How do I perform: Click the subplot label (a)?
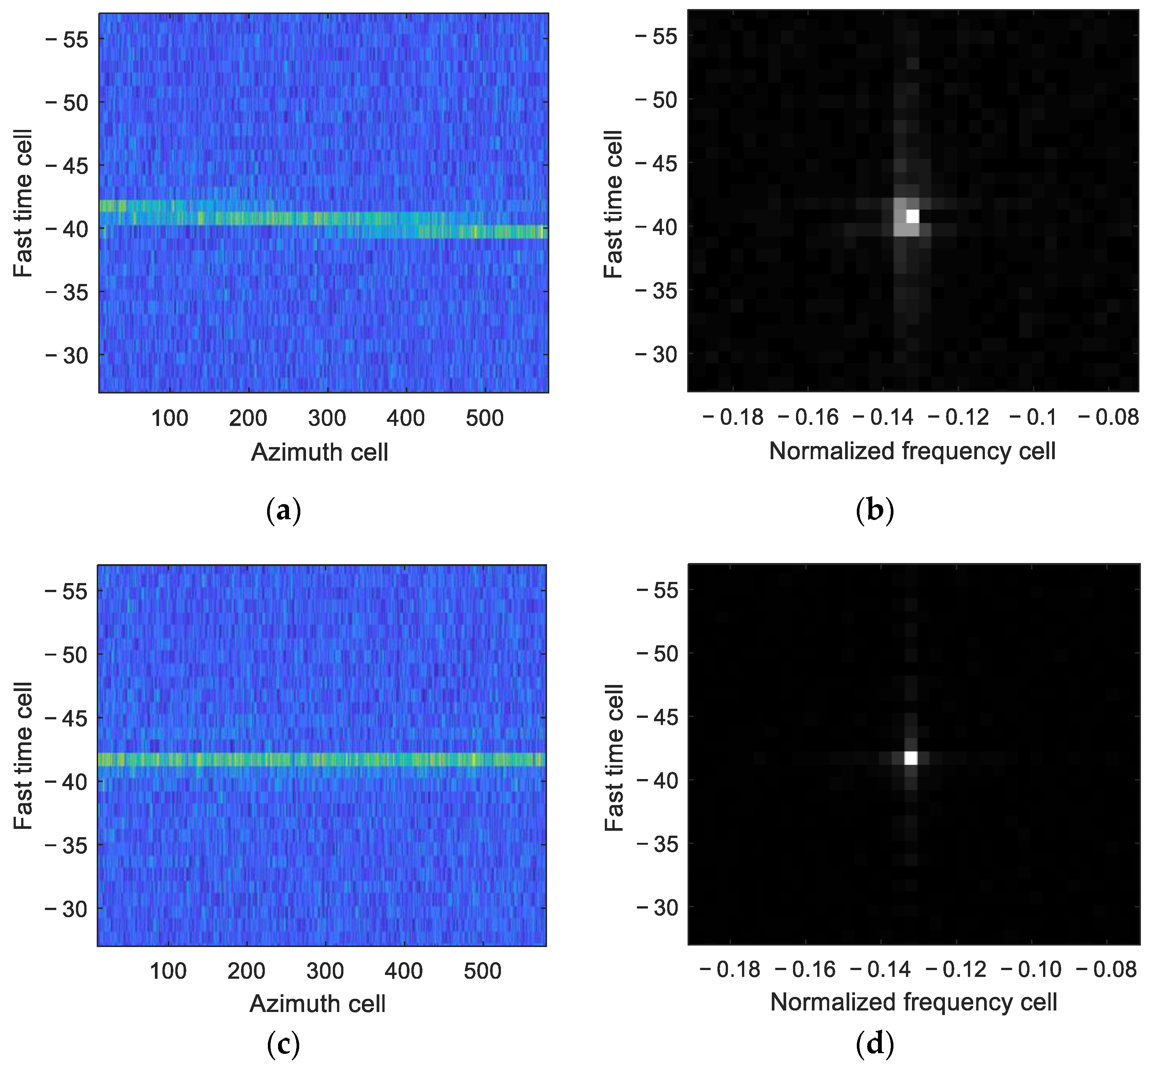coord(283,511)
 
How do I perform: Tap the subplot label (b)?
coord(875,511)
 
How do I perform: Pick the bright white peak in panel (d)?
coord(910,757)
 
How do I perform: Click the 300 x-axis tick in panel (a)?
coord(327,418)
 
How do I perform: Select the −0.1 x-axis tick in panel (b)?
coord(1033,417)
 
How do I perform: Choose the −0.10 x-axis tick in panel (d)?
coord(1031,969)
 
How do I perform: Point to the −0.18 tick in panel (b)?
coord(733,417)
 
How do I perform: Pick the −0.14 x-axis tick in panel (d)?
coord(881,969)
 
